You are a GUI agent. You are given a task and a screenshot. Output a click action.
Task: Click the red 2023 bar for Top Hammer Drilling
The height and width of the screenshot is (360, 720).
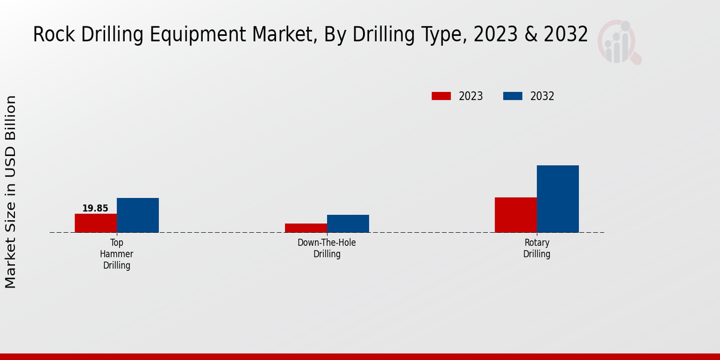tap(95, 223)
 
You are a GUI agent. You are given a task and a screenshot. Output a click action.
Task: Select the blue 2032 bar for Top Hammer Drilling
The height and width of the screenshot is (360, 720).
tap(137, 215)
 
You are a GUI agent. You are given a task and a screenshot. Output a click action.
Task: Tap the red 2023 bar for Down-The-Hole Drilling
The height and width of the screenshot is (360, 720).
tap(305, 228)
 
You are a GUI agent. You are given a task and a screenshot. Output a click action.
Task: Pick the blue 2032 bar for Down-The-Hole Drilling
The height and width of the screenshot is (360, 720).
tap(347, 224)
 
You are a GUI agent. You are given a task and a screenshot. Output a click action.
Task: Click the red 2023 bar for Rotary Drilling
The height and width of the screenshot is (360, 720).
tap(515, 215)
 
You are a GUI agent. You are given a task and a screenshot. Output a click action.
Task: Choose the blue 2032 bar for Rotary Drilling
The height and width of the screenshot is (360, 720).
tap(557, 199)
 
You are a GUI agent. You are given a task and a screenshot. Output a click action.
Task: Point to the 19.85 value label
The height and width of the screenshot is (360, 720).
tap(95, 209)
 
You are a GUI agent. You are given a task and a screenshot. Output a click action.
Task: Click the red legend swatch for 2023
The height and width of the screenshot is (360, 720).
tap(441, 96)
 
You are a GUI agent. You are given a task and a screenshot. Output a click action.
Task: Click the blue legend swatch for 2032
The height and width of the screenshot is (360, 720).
tap(512, 96)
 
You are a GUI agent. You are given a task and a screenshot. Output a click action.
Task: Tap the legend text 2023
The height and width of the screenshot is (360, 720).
tap(471, 96)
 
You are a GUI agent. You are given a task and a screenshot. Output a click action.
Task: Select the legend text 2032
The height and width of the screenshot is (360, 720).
tap(542, 96)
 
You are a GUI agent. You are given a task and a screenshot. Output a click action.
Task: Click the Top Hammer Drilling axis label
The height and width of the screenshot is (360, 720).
tap(116, 254)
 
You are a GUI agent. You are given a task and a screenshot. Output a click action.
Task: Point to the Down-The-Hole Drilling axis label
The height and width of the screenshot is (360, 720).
tap(326, 248)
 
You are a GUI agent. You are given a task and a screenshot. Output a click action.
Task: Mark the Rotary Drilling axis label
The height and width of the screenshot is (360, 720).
tap(536, 248)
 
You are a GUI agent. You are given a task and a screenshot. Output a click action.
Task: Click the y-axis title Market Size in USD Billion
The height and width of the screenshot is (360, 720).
tap(11, 192)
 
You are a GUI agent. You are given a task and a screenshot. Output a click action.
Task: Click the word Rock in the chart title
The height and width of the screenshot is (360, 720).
tap(55, 35)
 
